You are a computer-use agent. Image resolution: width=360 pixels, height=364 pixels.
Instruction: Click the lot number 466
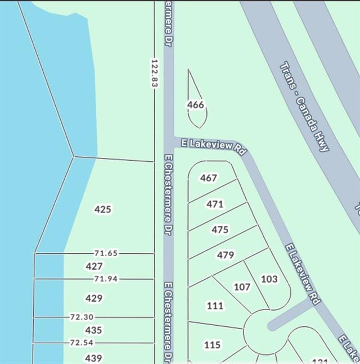196,104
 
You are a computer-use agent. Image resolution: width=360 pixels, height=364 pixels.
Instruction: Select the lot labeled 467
208,178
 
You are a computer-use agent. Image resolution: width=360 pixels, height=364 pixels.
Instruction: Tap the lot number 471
215,204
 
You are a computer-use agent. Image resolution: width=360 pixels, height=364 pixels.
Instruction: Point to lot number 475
220,230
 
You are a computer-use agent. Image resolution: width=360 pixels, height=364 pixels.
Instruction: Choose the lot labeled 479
225,255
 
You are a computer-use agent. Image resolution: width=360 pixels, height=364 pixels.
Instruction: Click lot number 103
269,279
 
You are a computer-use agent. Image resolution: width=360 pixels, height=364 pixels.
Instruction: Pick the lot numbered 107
242,287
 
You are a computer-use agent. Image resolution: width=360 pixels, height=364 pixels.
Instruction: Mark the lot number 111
215,306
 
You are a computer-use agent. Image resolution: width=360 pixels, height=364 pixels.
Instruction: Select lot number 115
212,345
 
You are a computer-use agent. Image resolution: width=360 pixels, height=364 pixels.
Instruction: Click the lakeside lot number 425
103,210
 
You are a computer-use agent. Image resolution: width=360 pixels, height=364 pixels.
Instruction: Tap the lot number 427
94,266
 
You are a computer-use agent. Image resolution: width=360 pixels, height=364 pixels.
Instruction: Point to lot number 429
93,298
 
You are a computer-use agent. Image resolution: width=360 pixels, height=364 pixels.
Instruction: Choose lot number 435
93,330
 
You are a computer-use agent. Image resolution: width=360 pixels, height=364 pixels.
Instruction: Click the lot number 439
93,358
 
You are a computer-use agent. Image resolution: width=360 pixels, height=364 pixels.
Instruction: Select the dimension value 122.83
154,73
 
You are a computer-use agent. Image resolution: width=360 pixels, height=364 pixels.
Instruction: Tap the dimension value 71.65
106,253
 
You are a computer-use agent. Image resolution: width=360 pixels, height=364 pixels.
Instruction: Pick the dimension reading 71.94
106,279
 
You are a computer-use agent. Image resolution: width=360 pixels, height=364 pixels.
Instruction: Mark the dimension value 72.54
82,343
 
